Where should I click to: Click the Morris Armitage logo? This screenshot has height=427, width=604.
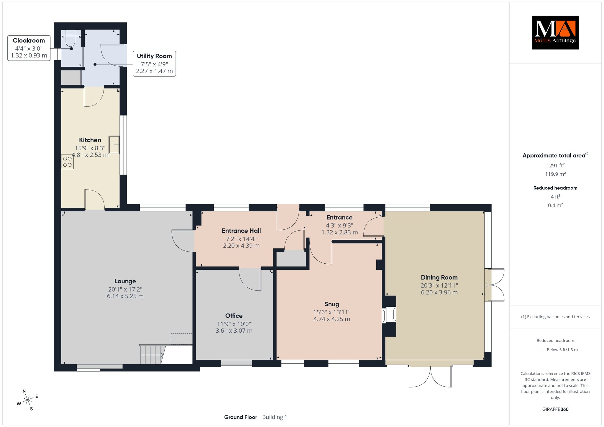coord(555,32)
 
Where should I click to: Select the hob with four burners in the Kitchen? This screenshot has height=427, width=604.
coord(67,162)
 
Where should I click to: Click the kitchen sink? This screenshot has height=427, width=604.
coord(114,144)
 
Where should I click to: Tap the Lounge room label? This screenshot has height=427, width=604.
coord(125,281)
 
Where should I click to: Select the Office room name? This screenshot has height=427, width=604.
coord(234,316)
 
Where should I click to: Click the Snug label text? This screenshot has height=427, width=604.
coord(332,304)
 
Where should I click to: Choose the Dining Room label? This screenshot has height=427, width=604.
coord(439,277)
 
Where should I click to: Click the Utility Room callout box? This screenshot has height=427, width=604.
coord(154,64)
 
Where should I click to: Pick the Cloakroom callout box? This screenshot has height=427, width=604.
coord(29,48)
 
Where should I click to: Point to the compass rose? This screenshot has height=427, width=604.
coord(27,400)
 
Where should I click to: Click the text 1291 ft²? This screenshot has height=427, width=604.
coord(555,165)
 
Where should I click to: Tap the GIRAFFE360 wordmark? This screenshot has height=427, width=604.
coord(555,409)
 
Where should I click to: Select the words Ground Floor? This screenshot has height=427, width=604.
coord(241,417)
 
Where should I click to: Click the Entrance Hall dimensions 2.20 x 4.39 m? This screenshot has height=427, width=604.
coord(241,246)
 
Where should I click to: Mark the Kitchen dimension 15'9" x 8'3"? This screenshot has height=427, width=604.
coord(90,148)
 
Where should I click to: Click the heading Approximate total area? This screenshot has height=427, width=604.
coord(554,155)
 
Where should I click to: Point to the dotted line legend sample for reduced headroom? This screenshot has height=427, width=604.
coord(538,350)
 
